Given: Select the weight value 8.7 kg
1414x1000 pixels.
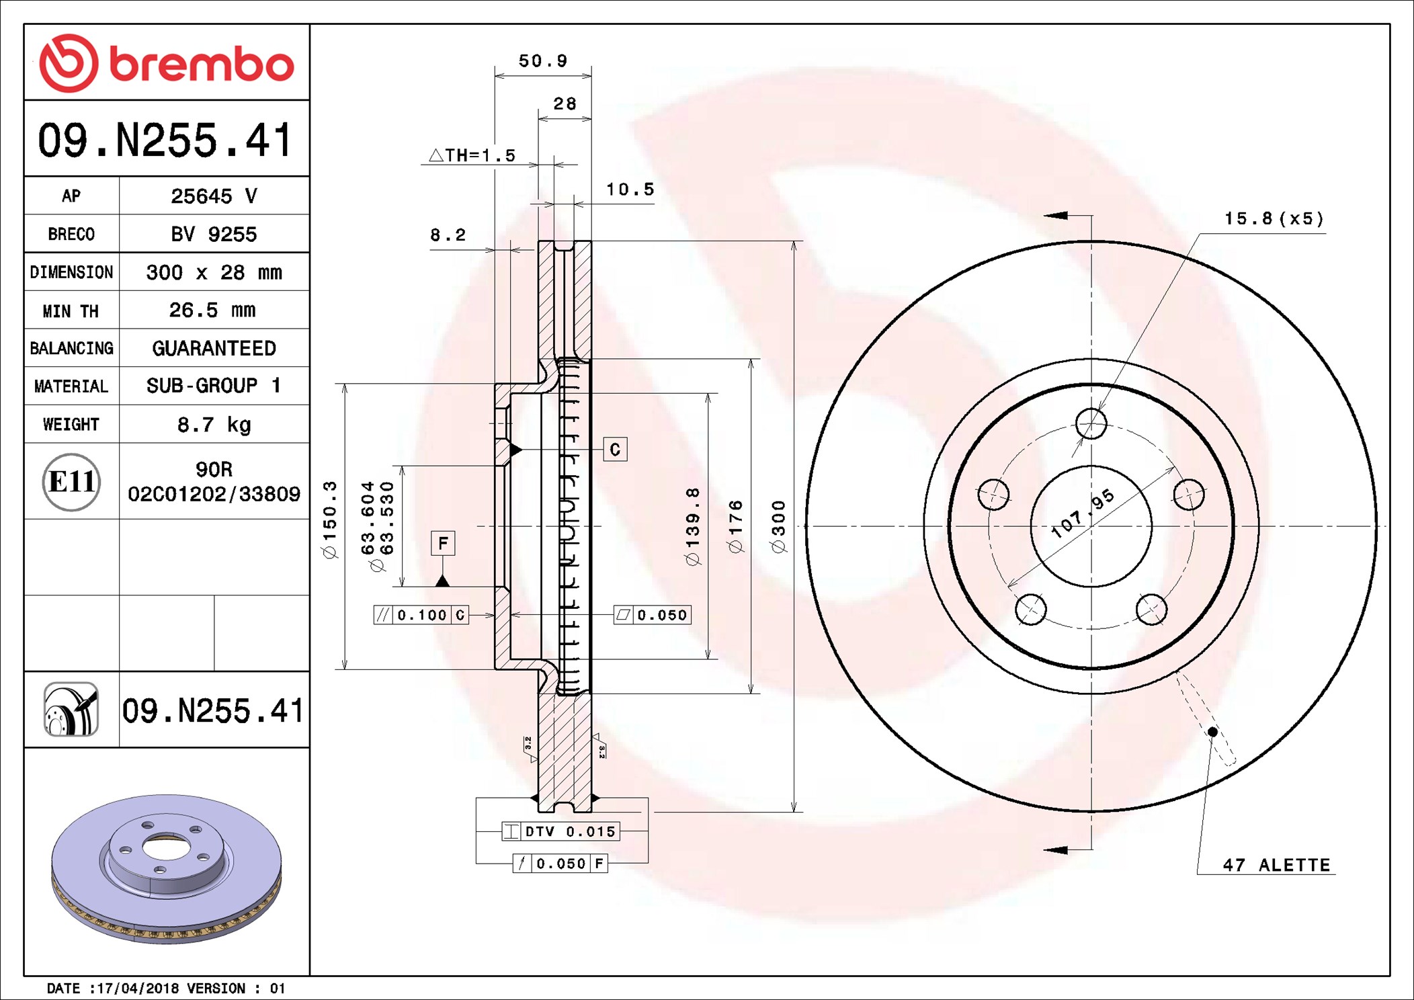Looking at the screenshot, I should (214, 425).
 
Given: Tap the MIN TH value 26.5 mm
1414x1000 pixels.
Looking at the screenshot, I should (212, 310).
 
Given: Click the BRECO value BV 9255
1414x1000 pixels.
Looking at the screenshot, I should (214, 235).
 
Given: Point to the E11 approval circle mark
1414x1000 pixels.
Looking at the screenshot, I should (71, 482).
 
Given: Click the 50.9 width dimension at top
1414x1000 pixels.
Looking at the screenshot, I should (543, 61).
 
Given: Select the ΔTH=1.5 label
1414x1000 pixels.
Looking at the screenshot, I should (472, 156).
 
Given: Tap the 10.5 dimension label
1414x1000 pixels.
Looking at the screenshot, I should (630, 190).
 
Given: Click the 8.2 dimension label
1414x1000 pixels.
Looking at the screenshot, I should (448, 235).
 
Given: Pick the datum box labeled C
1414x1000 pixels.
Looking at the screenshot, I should (615, 450).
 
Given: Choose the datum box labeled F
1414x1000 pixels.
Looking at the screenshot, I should (443, 543).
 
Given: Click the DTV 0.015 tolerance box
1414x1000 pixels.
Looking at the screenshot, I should (562, 831).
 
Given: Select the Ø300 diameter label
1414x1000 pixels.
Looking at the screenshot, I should (779, 527).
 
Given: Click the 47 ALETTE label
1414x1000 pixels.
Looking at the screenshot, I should (1276, 865).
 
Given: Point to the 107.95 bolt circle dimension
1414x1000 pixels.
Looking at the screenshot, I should (1082, 513).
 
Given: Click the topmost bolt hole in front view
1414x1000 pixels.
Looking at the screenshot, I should (1091, 423).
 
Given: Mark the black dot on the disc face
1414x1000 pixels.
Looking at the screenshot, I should (1212, 731).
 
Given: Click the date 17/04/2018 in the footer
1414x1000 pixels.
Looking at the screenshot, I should (138, 989).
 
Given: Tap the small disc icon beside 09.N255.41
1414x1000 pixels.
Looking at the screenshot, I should (71, 710).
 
